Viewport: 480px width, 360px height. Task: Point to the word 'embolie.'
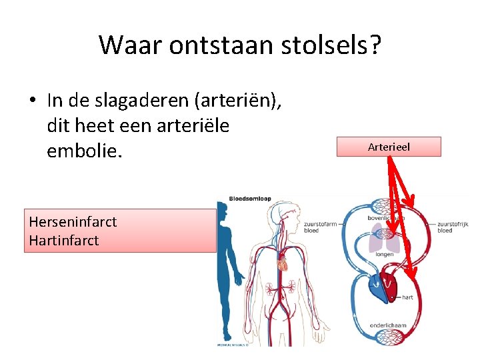click(x=85, y=151)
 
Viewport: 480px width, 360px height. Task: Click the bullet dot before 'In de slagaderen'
click(x=32, y=101)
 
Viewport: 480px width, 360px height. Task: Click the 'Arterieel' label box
click(x=389, y=147)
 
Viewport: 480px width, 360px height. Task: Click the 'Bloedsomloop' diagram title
click(x=250, y=199)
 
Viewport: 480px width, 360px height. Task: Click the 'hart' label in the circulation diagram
click(x=407, y=297)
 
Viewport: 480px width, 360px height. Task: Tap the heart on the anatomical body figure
click(x=282, y=263)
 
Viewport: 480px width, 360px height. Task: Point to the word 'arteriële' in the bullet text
click(x=199, y=125)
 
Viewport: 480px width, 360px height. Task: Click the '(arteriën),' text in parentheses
click(x=239, y=101)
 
